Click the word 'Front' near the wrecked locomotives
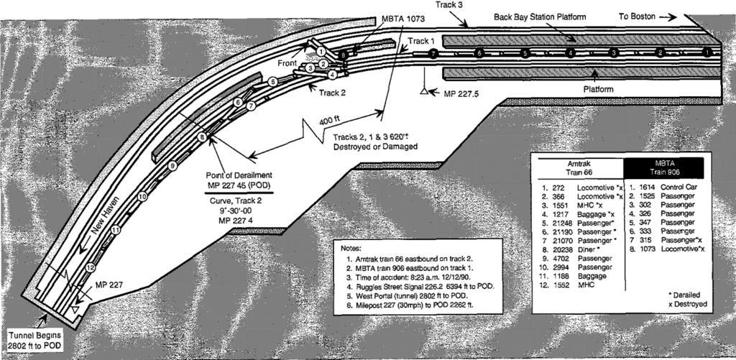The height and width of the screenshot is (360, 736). click(287, 63)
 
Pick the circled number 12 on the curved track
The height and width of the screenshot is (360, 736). click(90, 267)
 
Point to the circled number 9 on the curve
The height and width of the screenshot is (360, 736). click(172, 166)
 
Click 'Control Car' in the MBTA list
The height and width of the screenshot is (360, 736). click(678, 187)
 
